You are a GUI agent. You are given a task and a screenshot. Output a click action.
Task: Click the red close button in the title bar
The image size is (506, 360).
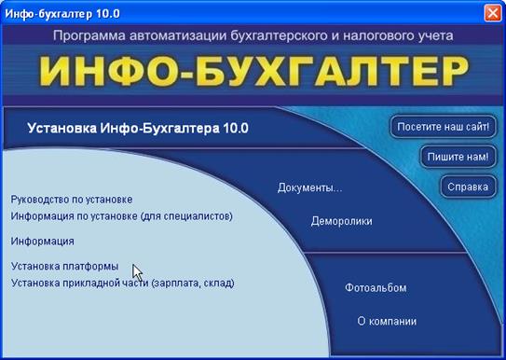pos(492,13)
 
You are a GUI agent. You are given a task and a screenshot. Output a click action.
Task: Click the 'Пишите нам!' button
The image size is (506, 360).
pos(457,156)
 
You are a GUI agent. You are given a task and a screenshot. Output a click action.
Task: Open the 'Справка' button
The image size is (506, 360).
pos(467,187)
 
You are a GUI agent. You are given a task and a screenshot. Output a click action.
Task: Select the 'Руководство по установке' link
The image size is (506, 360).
pos(72,200)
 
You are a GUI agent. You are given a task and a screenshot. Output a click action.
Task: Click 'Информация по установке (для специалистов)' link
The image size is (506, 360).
pos(121,216)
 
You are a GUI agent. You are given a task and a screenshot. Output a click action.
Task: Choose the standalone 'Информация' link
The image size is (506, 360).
pos(43,241)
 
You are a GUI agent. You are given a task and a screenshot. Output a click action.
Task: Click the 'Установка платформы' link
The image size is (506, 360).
pos(65,267)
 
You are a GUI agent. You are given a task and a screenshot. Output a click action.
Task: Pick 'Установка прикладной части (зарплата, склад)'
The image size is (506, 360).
pos(122,283)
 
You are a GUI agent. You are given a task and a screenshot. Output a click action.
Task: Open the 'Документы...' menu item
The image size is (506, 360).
pos(310,188)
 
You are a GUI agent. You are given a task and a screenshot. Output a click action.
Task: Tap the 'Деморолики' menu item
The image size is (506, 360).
pos(341,222)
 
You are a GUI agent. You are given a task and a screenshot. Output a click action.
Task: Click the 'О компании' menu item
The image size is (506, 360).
pos(387,321)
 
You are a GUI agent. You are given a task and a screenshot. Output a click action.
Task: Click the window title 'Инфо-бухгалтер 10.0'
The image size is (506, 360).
pos(62,13)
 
